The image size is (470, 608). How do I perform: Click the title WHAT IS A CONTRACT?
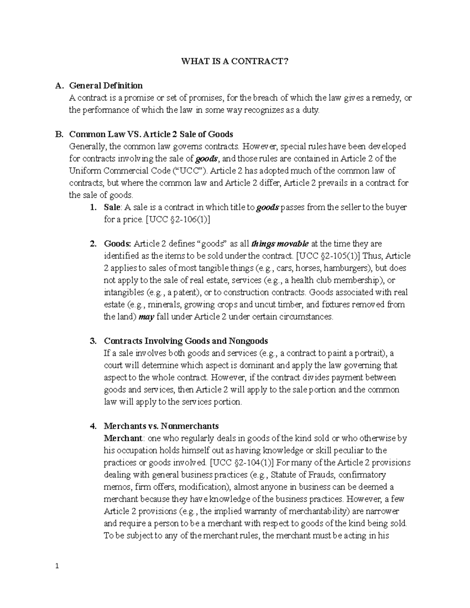(234, 61)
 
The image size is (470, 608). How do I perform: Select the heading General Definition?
(106, 85)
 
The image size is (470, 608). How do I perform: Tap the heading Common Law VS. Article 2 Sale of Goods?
(151, 134)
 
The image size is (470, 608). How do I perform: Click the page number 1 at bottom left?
(57, 566)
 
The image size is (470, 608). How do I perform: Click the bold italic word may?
(146, 317)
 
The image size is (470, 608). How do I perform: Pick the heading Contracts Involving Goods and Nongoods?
(186, 341)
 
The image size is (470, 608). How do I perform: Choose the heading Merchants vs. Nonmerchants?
(161, 426)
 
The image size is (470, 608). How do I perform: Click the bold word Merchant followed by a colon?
(120, 438)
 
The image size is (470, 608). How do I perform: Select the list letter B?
(59, 134)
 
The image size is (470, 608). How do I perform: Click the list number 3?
(93, 341)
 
